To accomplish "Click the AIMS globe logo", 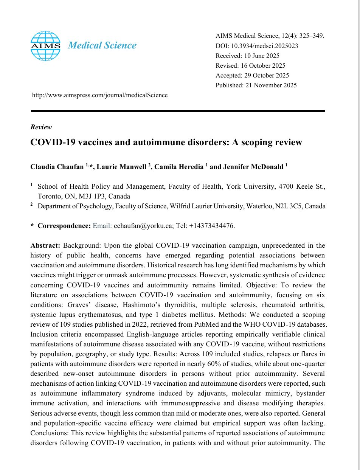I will [45, 46].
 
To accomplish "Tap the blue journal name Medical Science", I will [102, 45].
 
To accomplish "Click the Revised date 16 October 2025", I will [264, 65].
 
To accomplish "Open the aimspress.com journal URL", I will [100, 95].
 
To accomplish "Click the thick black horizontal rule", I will [178, 111].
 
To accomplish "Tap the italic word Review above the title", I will [41, 127].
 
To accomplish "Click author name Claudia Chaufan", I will [57, 168].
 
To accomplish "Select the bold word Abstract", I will [46, 245].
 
